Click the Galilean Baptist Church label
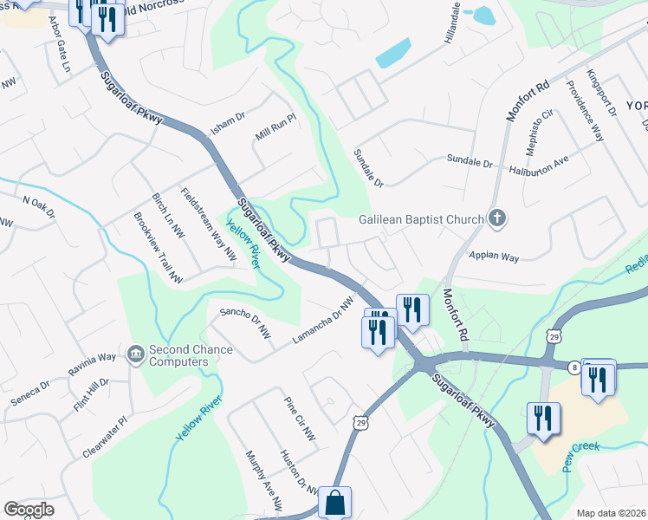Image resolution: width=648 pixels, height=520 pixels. [421, 219]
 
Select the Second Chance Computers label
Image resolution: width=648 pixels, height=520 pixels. [191, 355]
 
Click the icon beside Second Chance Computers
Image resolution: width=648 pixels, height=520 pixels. [135, 354]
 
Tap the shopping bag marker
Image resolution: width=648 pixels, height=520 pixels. [334, 502]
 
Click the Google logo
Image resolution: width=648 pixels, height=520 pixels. [29, 510]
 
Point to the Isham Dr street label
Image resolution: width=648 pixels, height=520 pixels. [229, 124]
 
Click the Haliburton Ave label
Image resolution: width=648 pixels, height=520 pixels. [537, 166]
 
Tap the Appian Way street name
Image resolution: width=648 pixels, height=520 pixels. [493, 257]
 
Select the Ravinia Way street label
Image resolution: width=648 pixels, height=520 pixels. [94, 363]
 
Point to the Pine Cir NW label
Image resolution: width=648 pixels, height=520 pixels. [300, 418]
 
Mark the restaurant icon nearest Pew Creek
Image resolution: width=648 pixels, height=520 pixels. [542, 419]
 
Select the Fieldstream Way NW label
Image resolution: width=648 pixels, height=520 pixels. [208, 224]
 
